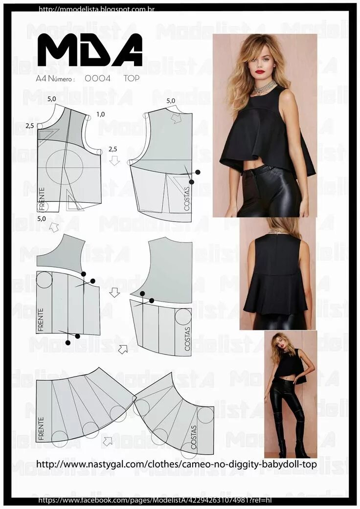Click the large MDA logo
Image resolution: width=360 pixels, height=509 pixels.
click(90, 50)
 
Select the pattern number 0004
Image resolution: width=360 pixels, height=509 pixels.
click(97, 79)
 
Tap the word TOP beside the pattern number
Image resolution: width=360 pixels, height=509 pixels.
click(132, 79)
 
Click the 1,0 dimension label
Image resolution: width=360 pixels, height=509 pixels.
click(100, 114)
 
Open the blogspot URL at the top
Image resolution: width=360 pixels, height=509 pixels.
click(96, 9)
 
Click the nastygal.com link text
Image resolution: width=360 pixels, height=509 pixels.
click(176, 464)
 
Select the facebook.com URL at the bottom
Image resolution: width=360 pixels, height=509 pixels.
click(155, 500)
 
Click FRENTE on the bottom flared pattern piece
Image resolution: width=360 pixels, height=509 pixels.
click(41, 429)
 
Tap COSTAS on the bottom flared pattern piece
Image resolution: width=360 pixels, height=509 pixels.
click(194, 437)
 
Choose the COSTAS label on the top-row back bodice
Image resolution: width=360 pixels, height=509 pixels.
click(186, 199)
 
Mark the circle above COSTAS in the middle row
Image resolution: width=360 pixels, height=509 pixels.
click(183, 316)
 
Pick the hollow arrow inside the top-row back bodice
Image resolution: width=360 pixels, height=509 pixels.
click(176, 118)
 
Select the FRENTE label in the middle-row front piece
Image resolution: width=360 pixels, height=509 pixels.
click(41, 320)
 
